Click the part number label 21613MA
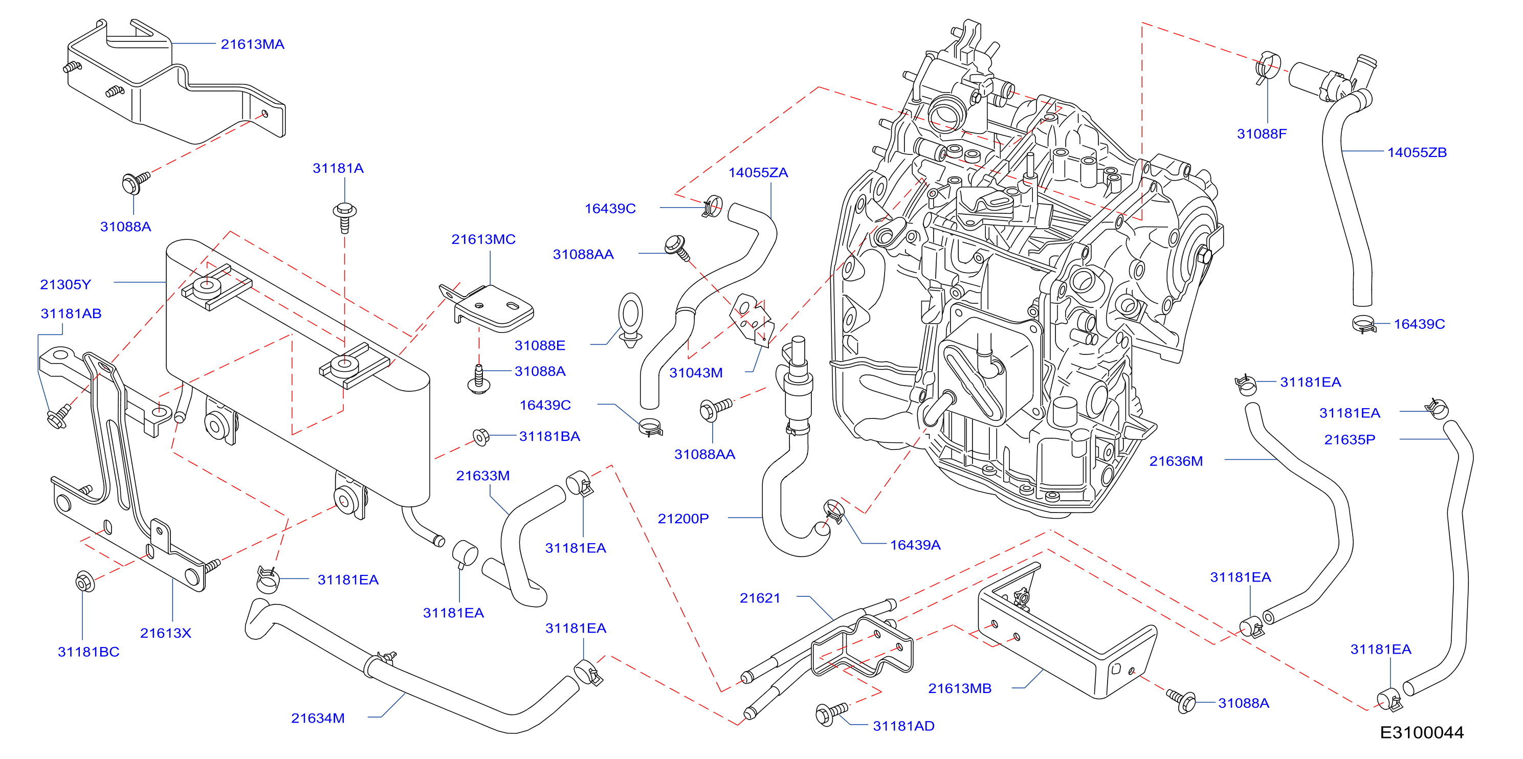(252, 44)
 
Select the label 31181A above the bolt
(338, 168)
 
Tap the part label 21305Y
(65, 284)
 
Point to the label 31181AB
(71, 314)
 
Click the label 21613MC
(483, 239)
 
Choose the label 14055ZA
(758, 172)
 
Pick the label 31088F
(1262, 133)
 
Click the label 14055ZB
(1417, 152)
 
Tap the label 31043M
(696, 373)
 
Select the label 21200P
(683, 519)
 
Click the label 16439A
(915, 545)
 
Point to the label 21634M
(318, 718)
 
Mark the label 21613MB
(960, 688)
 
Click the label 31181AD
(903, 726)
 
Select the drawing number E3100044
(1422, 733)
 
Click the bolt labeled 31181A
(345, 217)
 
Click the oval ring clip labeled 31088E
(630, 320)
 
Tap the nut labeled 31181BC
(84, 582)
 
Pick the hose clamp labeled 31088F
(1268, 67)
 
